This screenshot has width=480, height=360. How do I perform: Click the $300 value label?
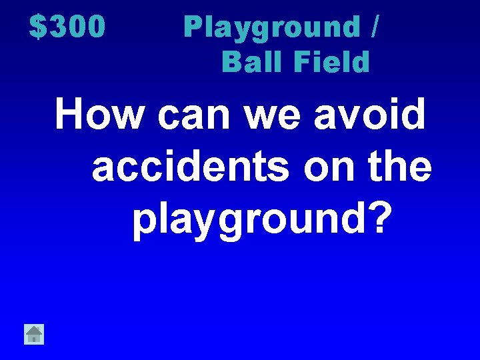click(x=67, y=27)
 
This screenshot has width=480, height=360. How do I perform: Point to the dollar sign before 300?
click(x=37, y=27)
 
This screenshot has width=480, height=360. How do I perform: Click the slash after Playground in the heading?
click(x=376, y=28)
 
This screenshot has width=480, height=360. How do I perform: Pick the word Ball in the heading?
click(x=247, y=62)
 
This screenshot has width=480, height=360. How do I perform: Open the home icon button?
click(x=34, y=333)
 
